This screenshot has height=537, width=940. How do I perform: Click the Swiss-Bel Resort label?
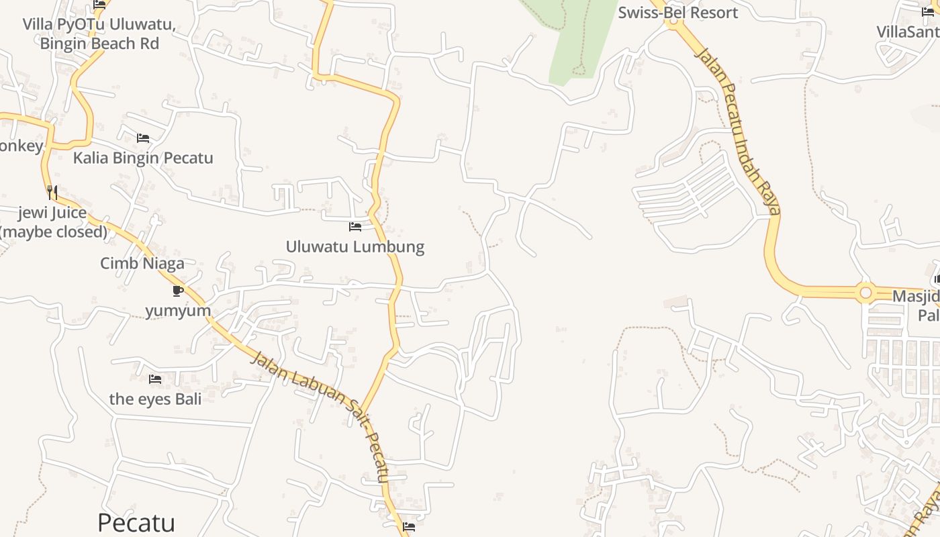(677, 13)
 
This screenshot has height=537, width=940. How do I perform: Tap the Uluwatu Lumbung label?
(355, 246)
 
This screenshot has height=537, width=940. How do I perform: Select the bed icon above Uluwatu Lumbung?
(355, 227)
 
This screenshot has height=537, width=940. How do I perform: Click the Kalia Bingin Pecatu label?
(143, 158)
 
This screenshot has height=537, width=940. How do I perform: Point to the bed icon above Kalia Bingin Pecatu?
(143, 138)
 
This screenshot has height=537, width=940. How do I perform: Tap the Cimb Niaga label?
(142, 263)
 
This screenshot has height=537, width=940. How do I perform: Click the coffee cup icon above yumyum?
(177, 291)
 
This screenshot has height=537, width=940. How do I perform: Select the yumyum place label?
(178, 311)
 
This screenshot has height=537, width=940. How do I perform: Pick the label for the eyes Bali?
(155, 399)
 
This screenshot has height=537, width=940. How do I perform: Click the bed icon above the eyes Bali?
(155, 379)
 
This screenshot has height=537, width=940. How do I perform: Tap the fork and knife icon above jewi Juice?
(52, 193)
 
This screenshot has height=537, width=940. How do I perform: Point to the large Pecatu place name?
(136, 522)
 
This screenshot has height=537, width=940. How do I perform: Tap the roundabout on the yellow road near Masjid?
(865, 293)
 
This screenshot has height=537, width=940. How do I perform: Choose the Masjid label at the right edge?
(916, 296)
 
